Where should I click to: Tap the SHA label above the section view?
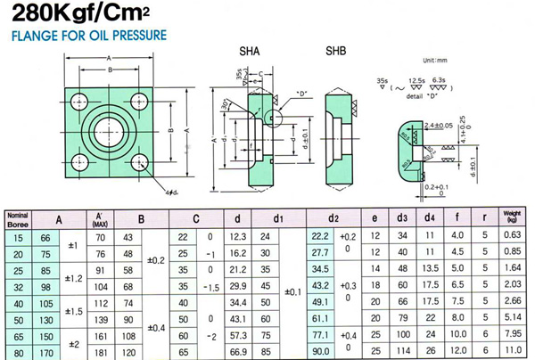(250, 53)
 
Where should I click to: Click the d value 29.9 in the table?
(236, 285)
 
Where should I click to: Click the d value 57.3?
(236, 335)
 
